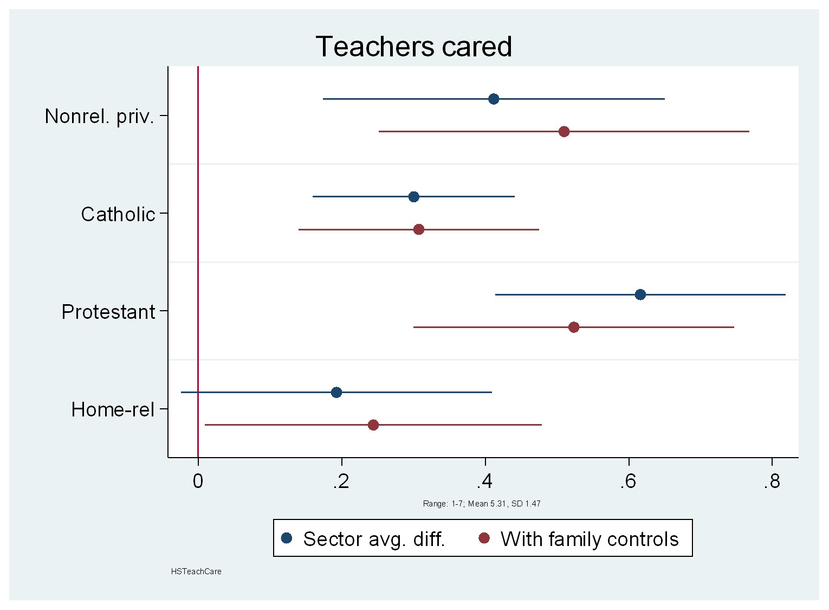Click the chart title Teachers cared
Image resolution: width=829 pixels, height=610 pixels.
(x=413, y=47)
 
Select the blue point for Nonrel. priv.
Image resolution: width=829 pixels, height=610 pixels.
(x=494, y=99)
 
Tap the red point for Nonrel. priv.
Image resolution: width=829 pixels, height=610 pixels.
(x=564, y=132)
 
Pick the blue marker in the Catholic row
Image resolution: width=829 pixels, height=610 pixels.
(x=414, y=196)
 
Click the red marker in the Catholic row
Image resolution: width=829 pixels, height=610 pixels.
(x=419, y=229)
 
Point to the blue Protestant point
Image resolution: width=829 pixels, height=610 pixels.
(x=640, y=294)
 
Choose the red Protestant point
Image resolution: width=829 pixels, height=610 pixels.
(x=574, y=328)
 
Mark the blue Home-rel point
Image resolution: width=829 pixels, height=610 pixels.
(x=336, y=392)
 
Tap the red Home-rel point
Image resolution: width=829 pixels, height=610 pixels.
(x=373, y=425)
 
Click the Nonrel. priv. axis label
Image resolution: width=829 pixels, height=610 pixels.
(x=100, y=116)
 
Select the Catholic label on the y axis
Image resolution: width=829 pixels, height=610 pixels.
(x=118, y=214)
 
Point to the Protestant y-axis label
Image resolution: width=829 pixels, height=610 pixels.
(x=108, y=312)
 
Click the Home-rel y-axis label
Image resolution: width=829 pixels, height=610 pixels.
(x=113, y=409)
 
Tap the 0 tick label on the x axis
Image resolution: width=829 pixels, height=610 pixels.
(x=198, y=481)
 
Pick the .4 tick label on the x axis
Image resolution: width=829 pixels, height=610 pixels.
(x=485, y=481)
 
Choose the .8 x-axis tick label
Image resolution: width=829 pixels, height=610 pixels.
(x=772, y=481)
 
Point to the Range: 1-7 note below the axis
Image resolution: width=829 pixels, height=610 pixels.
(x=482, y=504)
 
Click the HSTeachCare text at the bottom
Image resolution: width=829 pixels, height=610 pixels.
(x=196, y=572)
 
